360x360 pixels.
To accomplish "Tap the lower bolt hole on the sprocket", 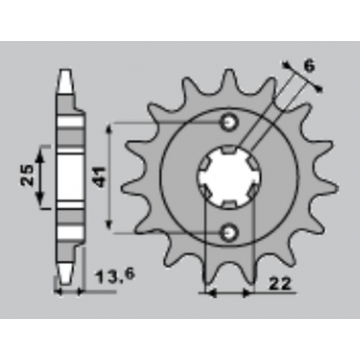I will [229, 232].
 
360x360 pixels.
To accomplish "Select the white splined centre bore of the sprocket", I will [228, 178].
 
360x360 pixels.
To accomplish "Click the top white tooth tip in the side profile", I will [68, 79].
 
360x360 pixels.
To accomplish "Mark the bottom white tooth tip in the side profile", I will [68, 275].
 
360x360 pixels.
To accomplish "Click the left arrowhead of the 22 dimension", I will [208, 293].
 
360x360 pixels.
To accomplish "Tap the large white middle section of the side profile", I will [69, 177].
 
